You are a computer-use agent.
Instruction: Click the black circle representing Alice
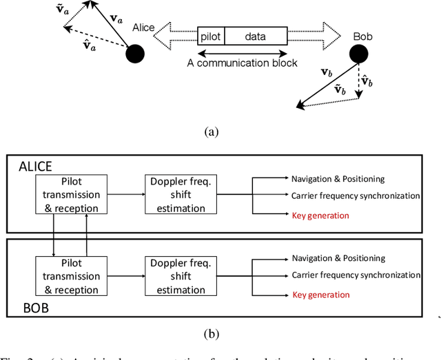coord(134,53)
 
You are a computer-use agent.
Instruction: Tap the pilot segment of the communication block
coord(211,36)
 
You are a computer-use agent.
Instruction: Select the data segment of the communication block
coord(256,36)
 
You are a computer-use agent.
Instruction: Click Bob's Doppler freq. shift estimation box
coord(180,275)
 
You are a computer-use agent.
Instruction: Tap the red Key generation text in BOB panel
coord(321,294)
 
